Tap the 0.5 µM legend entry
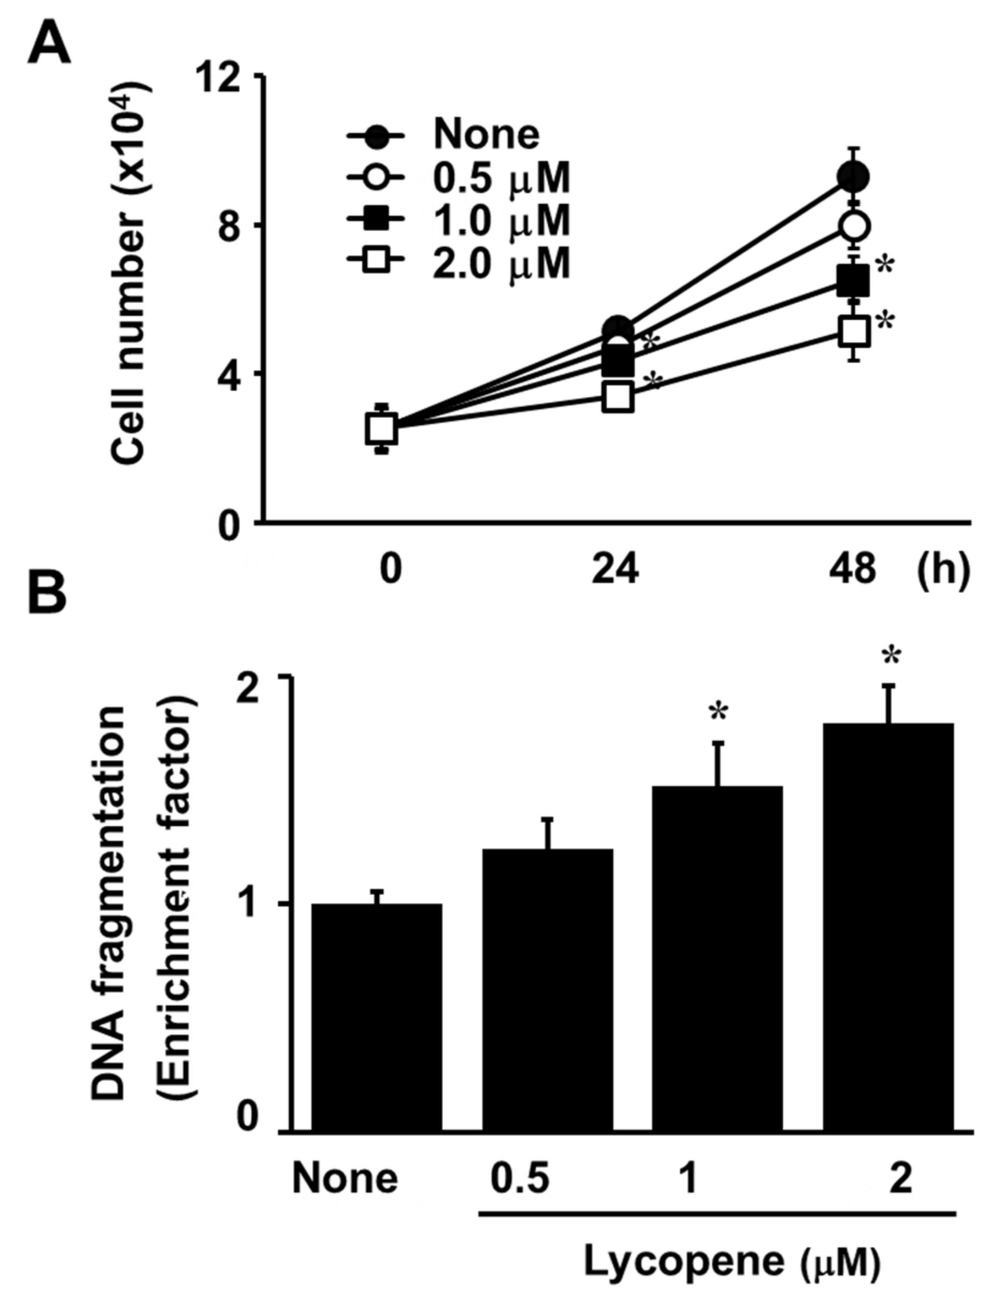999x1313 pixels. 501,178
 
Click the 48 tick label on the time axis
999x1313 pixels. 853,569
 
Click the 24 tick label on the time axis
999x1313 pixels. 616,569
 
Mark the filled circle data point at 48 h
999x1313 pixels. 853,177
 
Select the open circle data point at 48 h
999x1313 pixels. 855,226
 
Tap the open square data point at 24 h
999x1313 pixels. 618,396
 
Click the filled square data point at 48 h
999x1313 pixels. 854,280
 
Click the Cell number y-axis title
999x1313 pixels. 128,273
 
